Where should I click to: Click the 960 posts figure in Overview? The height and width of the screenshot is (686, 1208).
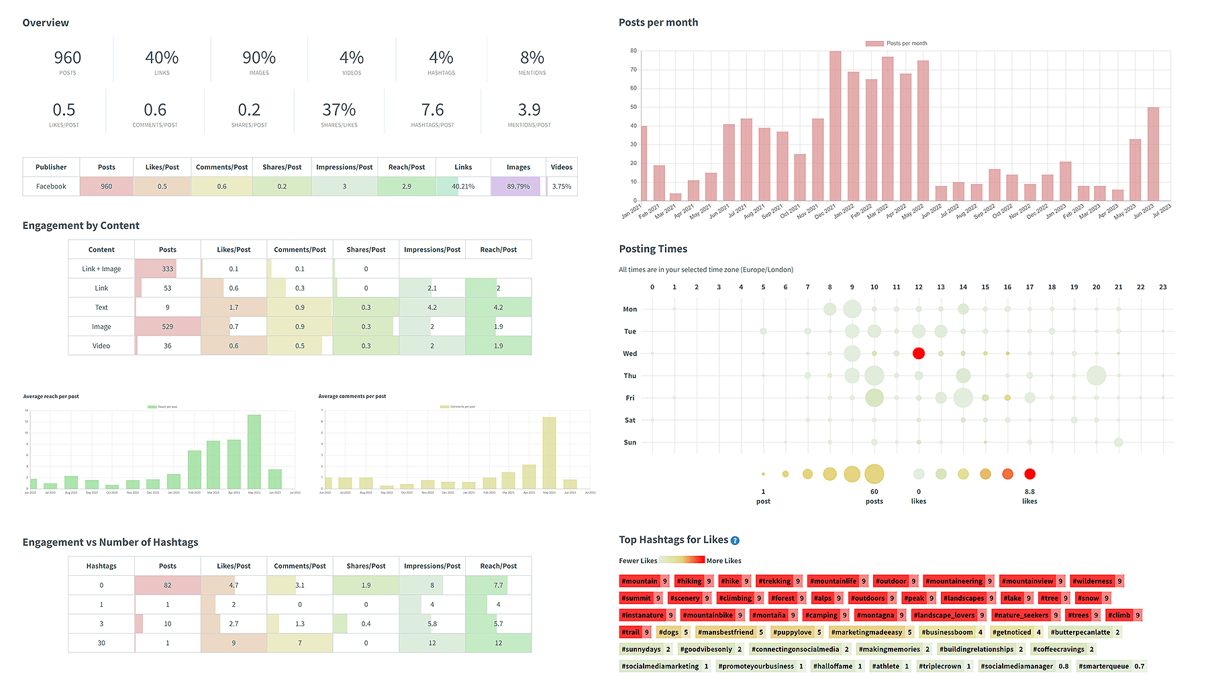[x=67, y=58]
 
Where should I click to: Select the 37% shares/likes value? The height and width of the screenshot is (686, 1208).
[x=339, y=110]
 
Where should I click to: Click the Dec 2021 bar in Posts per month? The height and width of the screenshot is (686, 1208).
[x=835, y=126]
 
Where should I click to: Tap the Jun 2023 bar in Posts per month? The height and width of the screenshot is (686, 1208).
[x=1153, y=154]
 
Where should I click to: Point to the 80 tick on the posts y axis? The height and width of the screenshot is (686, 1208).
[x=633, y=51]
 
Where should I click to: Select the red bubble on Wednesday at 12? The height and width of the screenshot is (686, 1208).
[x=919, y=354]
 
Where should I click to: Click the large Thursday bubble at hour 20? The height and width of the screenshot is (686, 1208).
[x=1096, y=376]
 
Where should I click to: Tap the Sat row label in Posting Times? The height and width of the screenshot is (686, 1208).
[x=630, y=420]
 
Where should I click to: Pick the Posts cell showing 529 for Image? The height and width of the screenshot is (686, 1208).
[x=168, y=327]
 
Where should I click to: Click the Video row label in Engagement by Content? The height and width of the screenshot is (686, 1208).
[x=101, y=346]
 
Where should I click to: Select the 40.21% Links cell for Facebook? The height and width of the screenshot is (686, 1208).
[x=463, y=187]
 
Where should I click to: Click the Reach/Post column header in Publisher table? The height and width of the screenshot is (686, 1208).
[x=407, y=167]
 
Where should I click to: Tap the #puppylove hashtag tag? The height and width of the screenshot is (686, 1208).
[x=792, y=632]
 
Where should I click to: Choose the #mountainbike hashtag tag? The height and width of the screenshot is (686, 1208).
[x=707, y=616]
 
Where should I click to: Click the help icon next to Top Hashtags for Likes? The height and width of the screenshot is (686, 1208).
[x=735, y=541]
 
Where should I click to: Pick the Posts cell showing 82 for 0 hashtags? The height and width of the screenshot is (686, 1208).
[x=168, y=585]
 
